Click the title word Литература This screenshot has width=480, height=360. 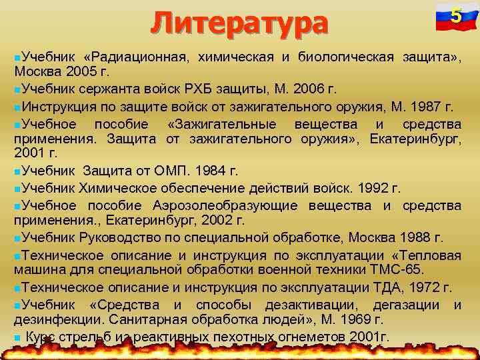239,23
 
